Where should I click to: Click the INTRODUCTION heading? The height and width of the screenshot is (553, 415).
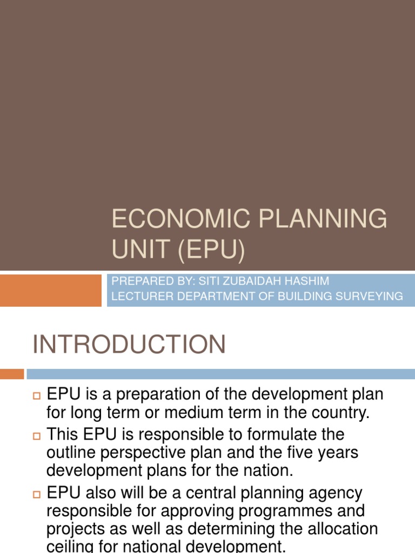click(129, 345)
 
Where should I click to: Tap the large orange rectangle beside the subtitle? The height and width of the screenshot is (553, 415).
click(51, 290)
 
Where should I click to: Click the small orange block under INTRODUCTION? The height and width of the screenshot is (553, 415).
click(12, 374)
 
